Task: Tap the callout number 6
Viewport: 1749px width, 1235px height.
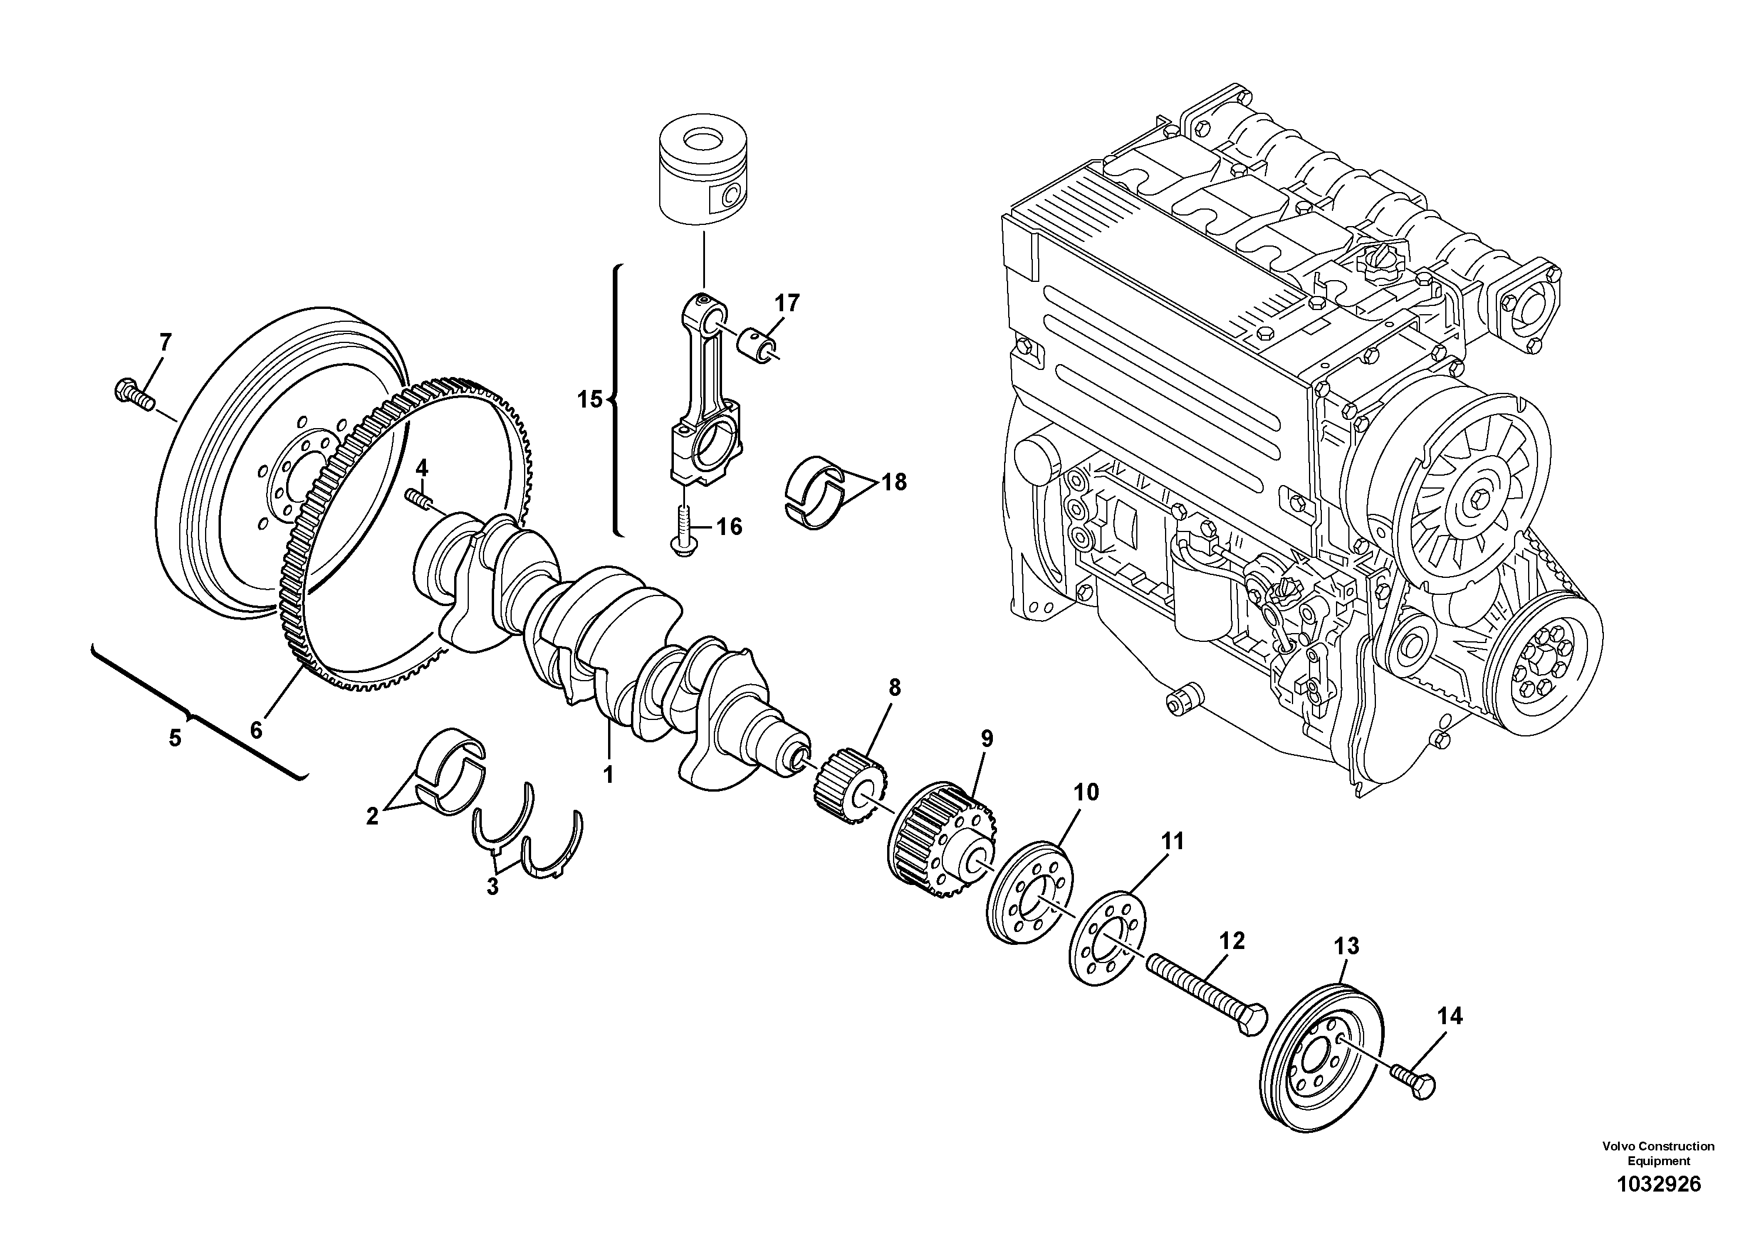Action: (x=256, y=730)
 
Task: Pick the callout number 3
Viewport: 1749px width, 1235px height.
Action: (x=492, y=887)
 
